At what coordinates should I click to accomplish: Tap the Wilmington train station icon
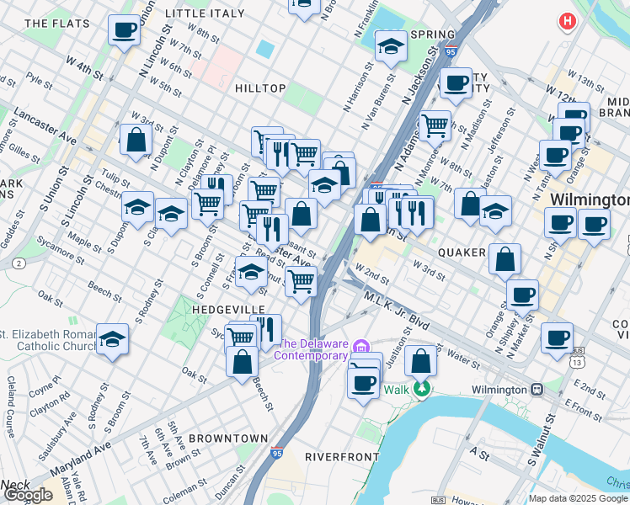tap(536, 390)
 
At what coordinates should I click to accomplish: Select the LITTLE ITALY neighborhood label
tap(206, 13)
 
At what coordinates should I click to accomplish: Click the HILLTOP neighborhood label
tap(260, 88)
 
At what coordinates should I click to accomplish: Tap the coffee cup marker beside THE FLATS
tap(124, 30)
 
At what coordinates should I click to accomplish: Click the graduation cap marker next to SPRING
tap(391, 48)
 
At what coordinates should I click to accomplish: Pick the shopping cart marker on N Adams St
tap(435, 125)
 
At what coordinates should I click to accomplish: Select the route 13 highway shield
tap(575, 362)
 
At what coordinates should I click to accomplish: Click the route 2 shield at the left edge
tap(19, 263)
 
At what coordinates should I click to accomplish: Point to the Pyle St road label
tap(40, 80)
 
